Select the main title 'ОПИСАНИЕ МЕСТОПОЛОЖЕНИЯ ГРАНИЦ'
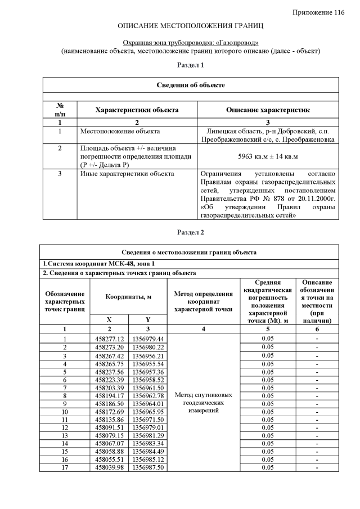point(191,26)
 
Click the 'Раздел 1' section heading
point(191,65)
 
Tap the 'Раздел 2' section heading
point(191,232)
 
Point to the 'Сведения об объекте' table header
point(191,84)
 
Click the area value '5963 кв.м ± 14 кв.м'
point(267,155)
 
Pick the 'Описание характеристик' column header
point(267,110)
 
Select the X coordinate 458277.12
point(110,339)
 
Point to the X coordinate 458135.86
point(110,419)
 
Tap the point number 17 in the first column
point(65,467)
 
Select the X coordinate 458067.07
point(110,443)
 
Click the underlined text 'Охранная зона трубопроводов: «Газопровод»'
point(191,43)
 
